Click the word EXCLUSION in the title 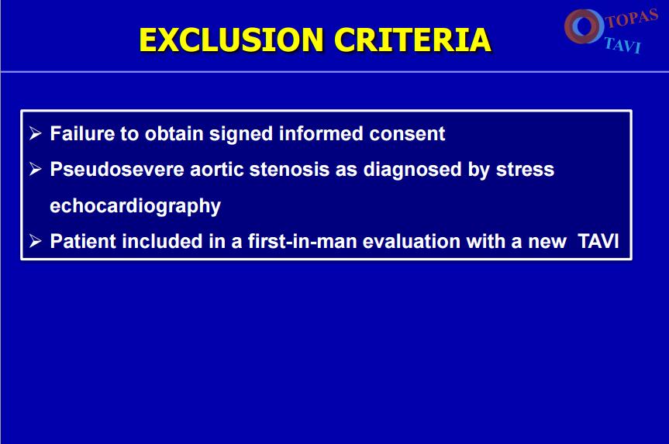coord(231,40)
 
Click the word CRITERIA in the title coord(412,40)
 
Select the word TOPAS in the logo coord(633,18)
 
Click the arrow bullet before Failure coord(36,133)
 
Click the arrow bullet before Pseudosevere coord(36,170)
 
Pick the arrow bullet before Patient coord(36,242)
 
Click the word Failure coord(82,133)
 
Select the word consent coord(407,133)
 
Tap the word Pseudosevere coord(117,170)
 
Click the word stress coord(525,170)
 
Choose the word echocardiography coord(135,206)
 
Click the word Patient coord(83,242)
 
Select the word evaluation coord(412,242)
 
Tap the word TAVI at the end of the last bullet coord(598,242)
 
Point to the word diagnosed coord(412,170)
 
